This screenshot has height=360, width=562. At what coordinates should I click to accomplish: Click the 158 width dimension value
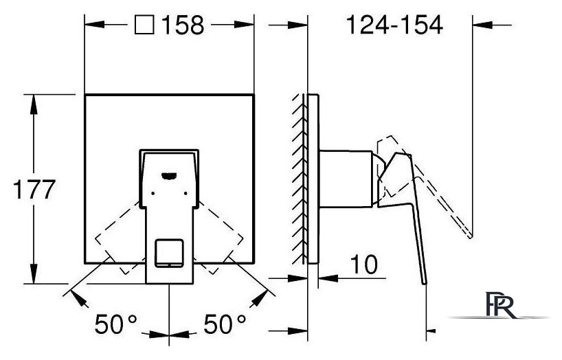183,25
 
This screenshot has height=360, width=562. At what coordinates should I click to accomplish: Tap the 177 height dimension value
34,189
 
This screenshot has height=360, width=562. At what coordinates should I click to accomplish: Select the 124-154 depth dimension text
394,25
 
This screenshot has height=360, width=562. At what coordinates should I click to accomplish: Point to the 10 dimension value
364,265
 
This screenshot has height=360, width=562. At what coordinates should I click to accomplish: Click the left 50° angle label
116,324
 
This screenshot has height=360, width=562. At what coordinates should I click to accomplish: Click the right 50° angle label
225,324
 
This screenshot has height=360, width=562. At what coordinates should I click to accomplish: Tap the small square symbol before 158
144,25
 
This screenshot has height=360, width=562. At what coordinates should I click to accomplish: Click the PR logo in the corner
501,305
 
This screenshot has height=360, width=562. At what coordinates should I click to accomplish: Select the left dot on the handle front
153,193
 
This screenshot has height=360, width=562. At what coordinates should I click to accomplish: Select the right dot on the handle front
186,193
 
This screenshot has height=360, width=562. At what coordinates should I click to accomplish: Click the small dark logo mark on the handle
169,175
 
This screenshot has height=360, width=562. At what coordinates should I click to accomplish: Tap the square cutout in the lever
170,253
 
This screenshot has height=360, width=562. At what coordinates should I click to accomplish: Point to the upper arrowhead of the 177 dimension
34,104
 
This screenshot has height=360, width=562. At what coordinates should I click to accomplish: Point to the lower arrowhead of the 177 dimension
34,273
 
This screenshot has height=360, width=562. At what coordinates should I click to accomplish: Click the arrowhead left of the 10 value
328,278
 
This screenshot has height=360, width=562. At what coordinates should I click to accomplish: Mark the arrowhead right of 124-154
483,25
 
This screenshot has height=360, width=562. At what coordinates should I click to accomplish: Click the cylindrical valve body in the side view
346,179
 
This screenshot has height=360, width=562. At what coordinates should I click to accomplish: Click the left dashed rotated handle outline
120,238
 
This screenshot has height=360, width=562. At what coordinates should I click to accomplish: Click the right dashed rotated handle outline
219,238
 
